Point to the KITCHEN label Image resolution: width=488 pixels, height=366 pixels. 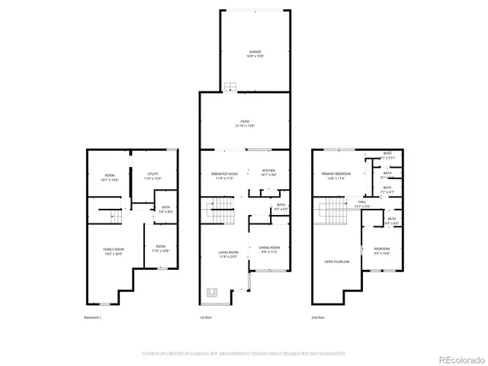pyautogui.click(x=268, y=172)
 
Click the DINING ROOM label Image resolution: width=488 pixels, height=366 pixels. pyautogui.click(x=270, y=249)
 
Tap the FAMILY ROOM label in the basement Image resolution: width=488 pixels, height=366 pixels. pyautogui.click(x=114, y=251)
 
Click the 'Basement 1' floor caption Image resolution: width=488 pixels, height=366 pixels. pyautogui.click(x=92, y=316)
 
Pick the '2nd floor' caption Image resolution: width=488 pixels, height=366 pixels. pyautogui.click(x=318, y=316)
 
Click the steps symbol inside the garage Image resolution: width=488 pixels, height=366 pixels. pyautogui.click(x=231, y=86)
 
